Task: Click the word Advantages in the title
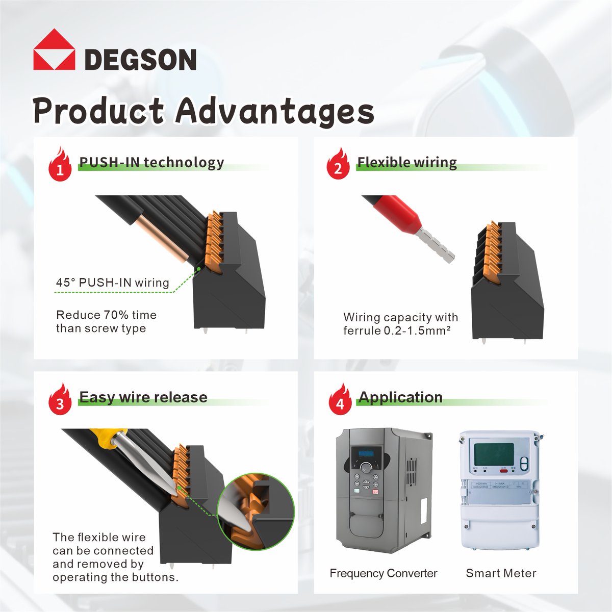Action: point(275,111)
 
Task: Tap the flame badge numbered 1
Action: point(60,165)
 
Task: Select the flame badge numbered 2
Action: point(338,165)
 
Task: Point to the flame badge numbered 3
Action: point(60,400)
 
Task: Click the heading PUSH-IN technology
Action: point(151,162)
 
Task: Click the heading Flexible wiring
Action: point(406,162)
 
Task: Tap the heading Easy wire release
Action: point(143,397)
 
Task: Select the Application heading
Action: point(400,397)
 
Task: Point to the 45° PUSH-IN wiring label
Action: point(112,283)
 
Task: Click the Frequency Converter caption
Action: point(383,573)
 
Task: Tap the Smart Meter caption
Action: point(501,573)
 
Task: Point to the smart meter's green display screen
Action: point(494,454)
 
